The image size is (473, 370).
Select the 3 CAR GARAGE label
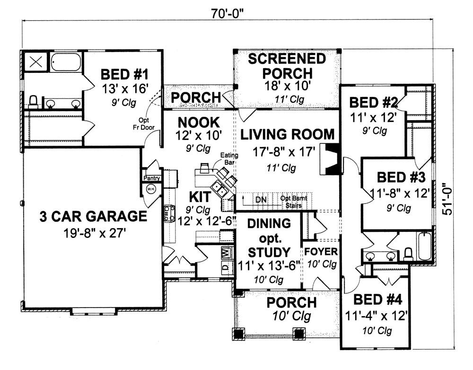click(x=93, y=216)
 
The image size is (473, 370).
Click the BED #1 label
click(x=125, y=75)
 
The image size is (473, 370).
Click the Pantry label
click(x=153, y=178)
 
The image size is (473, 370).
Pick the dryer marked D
click(x=226, y=266)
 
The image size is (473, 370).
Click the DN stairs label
click(x=261, y=199)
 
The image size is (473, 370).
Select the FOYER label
click(x=321, y=251)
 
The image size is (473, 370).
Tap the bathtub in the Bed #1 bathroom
click(x=66, y=62)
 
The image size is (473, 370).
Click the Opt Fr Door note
click(x=145, y=123)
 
